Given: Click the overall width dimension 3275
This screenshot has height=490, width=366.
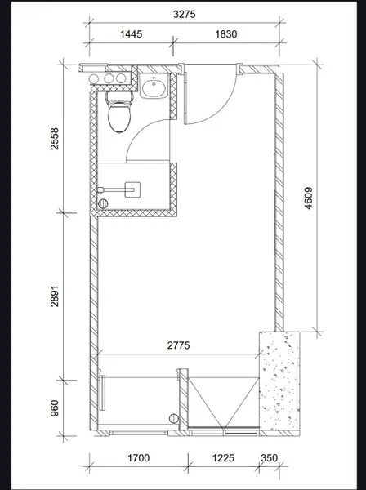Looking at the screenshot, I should click(183, 14).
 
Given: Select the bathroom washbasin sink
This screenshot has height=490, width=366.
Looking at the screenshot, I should click(153, 87).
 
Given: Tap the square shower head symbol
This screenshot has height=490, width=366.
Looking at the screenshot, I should click(132, 187).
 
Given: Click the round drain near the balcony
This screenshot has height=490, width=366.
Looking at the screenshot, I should click(174, 416).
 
